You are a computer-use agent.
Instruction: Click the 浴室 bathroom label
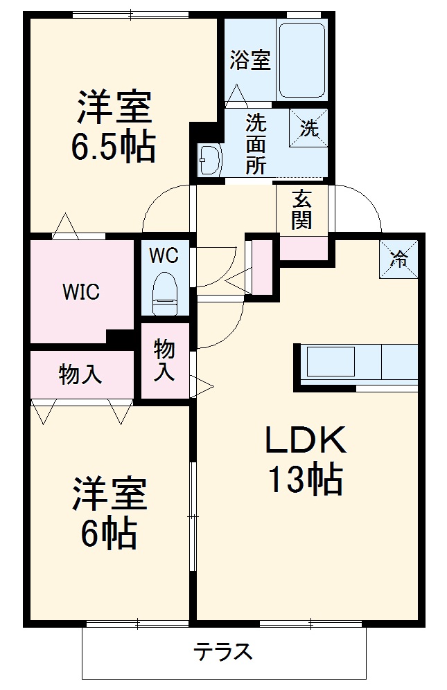[x=250, y=60]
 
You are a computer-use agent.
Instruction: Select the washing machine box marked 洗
[x=308, y=127]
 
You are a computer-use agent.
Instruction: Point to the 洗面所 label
[x=256, y=144]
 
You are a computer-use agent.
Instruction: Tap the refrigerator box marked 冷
[x=398, y=260]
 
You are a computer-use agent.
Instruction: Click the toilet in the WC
[x=164, y=293]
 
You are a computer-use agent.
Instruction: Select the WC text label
[x=164, y=255]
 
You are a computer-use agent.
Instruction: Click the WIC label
[x=82, y=292]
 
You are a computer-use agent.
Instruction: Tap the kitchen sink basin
[x=331, y=361]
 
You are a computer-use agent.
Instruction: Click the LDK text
[x=306, y=439]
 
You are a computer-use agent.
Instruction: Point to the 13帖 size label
[x=306, y=479]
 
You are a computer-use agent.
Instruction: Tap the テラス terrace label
[x=224, y=651]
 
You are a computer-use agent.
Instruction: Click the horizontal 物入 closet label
[x=80, y=374]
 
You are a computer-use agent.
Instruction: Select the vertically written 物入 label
[x=164, y=360]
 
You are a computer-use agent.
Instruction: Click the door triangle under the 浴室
[x=236, y=95]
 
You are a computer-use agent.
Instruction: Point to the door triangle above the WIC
[x=65, y=226]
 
